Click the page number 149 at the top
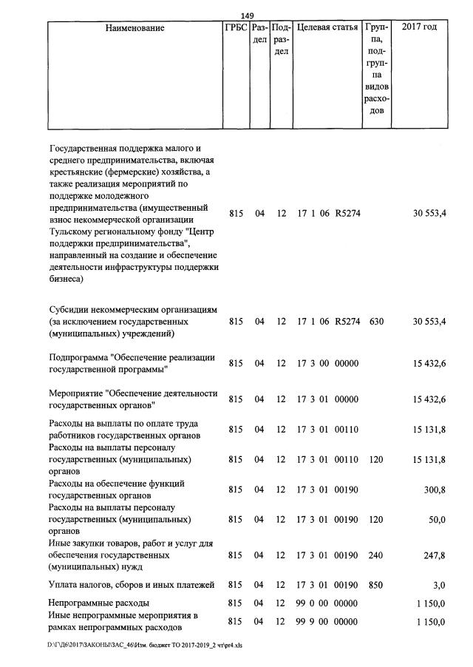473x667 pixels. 247,16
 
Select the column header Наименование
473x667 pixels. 135,28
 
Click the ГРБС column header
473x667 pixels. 235,28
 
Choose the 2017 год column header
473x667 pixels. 418,28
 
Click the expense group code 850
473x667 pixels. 375,586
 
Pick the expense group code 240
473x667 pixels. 375,555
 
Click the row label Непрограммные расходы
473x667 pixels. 98,603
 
